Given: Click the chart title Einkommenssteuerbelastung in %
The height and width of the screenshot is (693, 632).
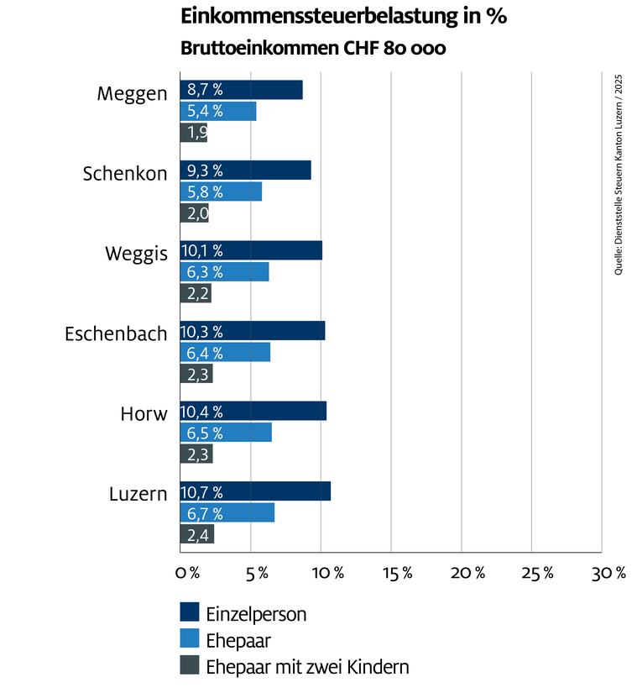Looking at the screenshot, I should [344, 17].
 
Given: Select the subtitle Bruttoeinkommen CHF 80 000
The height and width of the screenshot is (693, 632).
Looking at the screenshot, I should [313, 49].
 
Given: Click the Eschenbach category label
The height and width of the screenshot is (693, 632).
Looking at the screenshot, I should [116, 333].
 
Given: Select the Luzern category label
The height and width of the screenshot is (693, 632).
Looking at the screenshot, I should [138, 494].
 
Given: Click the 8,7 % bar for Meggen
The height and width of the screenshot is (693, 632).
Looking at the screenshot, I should [241, 90].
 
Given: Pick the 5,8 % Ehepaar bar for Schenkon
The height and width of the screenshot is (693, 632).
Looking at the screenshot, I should [221, 192].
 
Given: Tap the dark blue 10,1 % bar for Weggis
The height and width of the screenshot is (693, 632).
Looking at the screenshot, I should [251, 250].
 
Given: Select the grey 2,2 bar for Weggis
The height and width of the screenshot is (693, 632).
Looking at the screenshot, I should [196, 293].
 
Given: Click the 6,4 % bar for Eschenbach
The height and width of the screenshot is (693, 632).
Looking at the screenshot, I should [225, 352].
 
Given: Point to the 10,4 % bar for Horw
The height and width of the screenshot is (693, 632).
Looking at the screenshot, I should [253, 411].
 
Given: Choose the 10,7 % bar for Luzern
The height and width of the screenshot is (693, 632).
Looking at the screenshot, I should [255, 491].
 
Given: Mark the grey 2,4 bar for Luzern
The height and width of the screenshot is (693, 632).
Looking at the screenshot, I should [197, 534].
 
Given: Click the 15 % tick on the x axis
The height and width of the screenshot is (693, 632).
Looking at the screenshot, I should [397, 574].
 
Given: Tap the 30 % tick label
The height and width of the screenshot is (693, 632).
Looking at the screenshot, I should [608, 574].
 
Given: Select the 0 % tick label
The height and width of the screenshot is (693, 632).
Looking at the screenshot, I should [187, 574].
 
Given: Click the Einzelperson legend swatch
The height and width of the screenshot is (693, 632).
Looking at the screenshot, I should [189, 613].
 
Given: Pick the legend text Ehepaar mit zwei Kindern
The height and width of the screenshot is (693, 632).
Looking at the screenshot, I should [307, 668].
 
